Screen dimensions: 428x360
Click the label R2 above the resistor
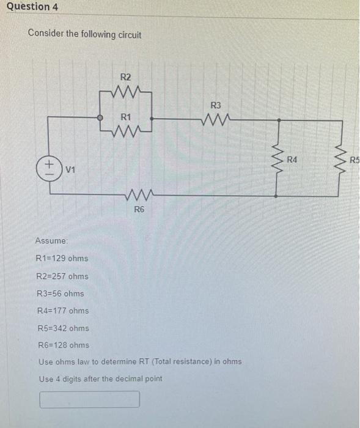point(125,78)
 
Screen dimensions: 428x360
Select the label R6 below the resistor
point(139,210)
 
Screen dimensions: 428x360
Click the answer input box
point(90,399)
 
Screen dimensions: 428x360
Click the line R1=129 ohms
point(63,259)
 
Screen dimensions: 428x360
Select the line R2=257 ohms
point(63,276)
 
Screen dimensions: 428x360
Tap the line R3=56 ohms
point(61,293)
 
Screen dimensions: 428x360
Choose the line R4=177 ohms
point(63,311)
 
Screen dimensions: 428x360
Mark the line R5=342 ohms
point(63,328)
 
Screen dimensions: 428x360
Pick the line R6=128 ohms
point(63,345)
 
